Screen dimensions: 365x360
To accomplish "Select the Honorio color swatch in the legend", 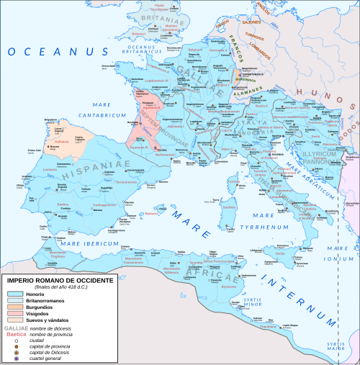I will click(15, 294).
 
